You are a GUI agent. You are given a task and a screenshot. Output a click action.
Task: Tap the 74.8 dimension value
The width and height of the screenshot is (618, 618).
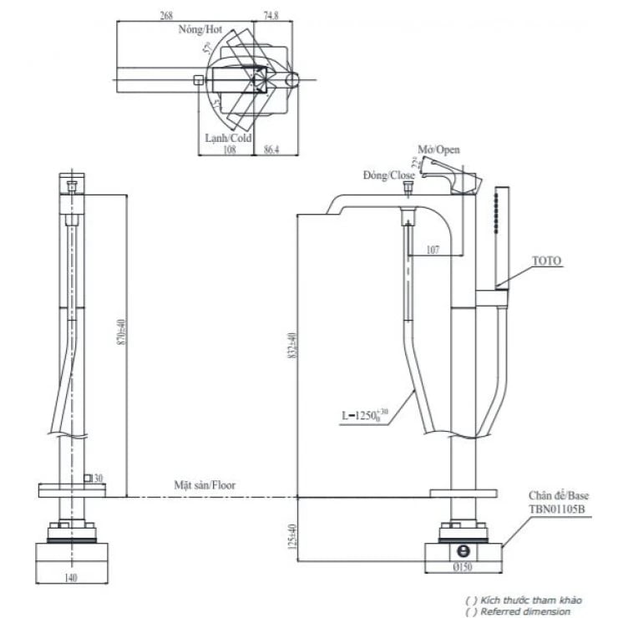[x=271, y=15]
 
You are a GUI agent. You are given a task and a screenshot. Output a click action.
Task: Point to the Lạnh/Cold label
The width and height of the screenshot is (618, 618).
[x=228, y=138]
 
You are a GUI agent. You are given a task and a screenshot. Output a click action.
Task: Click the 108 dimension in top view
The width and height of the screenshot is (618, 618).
[x=229, y=150]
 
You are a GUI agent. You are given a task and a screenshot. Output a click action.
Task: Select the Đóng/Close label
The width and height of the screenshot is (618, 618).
[x=389, y=175]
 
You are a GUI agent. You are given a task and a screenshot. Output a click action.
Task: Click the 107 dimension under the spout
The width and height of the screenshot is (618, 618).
[x=433, y=249]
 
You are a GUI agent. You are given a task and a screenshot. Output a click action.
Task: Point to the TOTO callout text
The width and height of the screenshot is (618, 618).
[x=547, y=261]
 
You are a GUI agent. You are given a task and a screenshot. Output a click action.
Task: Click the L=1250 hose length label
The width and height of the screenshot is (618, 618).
[x=364, y=413]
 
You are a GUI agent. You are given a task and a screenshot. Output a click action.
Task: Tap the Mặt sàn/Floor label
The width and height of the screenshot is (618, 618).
[x=205, y=484]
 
